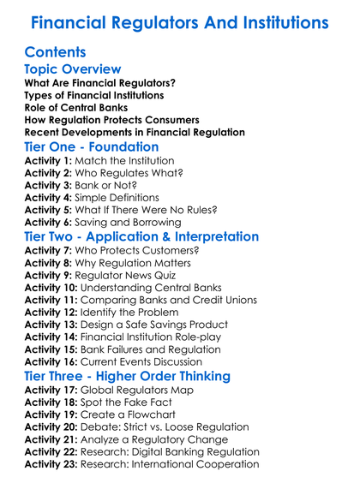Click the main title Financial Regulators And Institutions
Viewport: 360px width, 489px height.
click(179, 21)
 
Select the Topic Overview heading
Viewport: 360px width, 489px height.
click(73, 69)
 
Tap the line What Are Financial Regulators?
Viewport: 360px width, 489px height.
click(100, 84)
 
